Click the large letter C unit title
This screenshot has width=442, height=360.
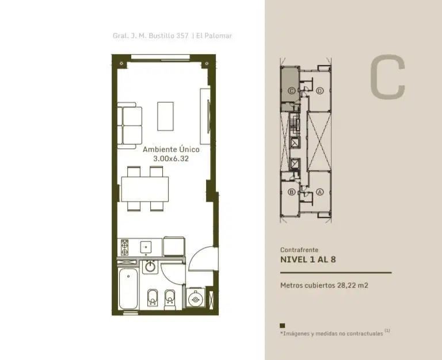point(387,76)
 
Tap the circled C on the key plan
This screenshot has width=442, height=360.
point(291,91)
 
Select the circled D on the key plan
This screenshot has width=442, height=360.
point(319,91)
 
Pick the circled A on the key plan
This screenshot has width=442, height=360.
point(319,192)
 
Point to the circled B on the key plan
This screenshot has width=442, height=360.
point(291,192)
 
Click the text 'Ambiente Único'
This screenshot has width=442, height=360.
point(171,150)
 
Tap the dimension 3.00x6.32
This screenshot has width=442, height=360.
point(171,159)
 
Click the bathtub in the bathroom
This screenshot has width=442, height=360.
point(128,289)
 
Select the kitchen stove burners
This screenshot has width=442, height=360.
point(124,247)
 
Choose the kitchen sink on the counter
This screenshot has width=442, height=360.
point(146,247)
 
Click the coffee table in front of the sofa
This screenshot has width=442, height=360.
point(166,116)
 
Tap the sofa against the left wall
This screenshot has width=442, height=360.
point(129,125)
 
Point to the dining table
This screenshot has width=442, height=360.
point(145,189)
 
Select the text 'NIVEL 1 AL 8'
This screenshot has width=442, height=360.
point(308,259)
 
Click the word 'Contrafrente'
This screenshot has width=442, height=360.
point(299,250)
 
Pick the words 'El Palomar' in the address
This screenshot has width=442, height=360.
point(214,36)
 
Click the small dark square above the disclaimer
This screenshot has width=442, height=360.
point(283,325)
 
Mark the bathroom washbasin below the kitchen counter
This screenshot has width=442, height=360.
point(150,266)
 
